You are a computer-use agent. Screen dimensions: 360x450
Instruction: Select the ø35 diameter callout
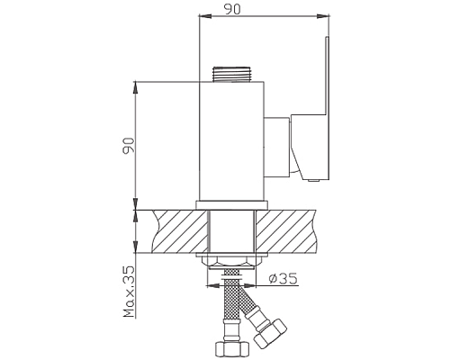(283, 279)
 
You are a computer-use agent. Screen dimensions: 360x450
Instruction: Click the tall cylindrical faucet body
(230, 139)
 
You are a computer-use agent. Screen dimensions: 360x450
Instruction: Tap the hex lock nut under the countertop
(230, 261)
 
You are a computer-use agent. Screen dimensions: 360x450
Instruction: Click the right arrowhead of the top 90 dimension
(319, 15)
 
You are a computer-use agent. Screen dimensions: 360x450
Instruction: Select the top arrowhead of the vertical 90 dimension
(135, 84)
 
